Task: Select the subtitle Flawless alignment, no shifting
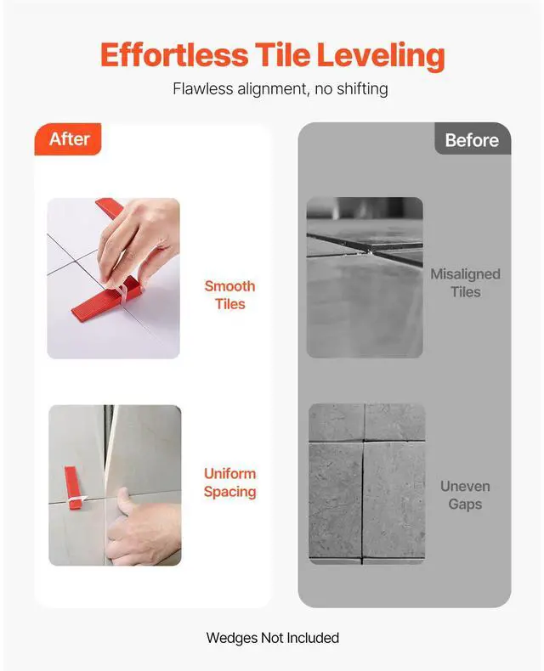280,88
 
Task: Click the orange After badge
68,139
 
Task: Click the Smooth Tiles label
229,295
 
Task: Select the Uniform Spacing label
229,482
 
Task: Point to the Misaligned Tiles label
465,283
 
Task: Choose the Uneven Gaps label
465,495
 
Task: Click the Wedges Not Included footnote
272,638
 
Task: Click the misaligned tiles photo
365,277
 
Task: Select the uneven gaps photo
366,483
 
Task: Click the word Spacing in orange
229,492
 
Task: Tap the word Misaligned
465,274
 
